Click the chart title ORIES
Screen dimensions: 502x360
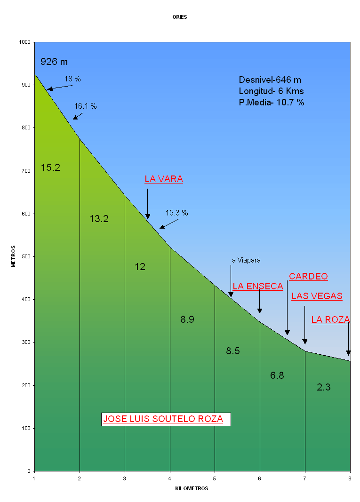pyautogui.click(x=179, y=17)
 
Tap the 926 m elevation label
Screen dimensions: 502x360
pyautogui.click(x=54, y=62)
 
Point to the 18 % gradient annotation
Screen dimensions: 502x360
pyautogui.click(x=72, y=79)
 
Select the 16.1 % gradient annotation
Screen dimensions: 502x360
pyautogui.click(x=85, y=106)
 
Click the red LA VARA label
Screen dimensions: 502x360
pyautogui.click(x=163, y=179)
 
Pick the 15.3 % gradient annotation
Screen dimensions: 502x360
pyautogui.click(x=176, y=213)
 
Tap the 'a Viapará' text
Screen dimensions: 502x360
pyautogui.click(x=246, y=260)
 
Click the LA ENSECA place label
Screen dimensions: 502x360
pyautogui.click(x=258, y=286)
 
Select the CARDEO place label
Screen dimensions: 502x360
pyautogui.click(x=308, y=276)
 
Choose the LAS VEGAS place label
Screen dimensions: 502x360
pyautogui.click(x=317, y=296)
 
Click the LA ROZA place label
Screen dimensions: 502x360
pyautogui.click(x=330, y=319)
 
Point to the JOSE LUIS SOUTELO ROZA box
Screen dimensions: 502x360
pyautogui.click(x=163, y=419)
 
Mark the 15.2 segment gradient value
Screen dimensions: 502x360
pyautogui.click(x=50, y=167)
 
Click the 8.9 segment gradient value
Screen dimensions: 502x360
pyautogui.click(x=187, y=319)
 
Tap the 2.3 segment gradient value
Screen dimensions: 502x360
pyautogui.click(x=324, y=387)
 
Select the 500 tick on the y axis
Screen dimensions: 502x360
pyautogui.click(x=25, y=256)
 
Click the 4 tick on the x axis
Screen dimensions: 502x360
pyautogui.click(x=170, y=479)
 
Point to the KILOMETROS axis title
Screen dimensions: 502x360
pyautogui.click(x=192, y=488)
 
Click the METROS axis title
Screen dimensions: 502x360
pyautogui.click(x=14, y=256)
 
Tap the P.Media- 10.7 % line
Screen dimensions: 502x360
pyautogui.click(x=272, y=102)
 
